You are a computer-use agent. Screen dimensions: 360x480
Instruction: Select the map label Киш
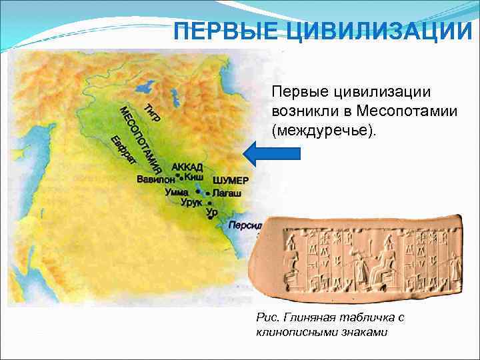193,178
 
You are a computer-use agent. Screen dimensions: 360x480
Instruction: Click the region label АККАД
187,167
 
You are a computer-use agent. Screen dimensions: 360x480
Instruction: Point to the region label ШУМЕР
230,181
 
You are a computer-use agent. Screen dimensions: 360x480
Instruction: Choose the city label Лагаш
226,192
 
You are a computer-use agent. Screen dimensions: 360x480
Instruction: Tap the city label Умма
177,192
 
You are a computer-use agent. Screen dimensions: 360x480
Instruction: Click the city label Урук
193,202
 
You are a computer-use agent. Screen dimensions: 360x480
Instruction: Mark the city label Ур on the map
212,212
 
